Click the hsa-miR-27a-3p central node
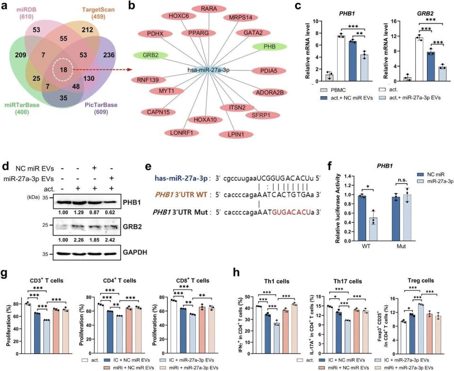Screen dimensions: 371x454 pyautogui.click(x=206, y=69)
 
